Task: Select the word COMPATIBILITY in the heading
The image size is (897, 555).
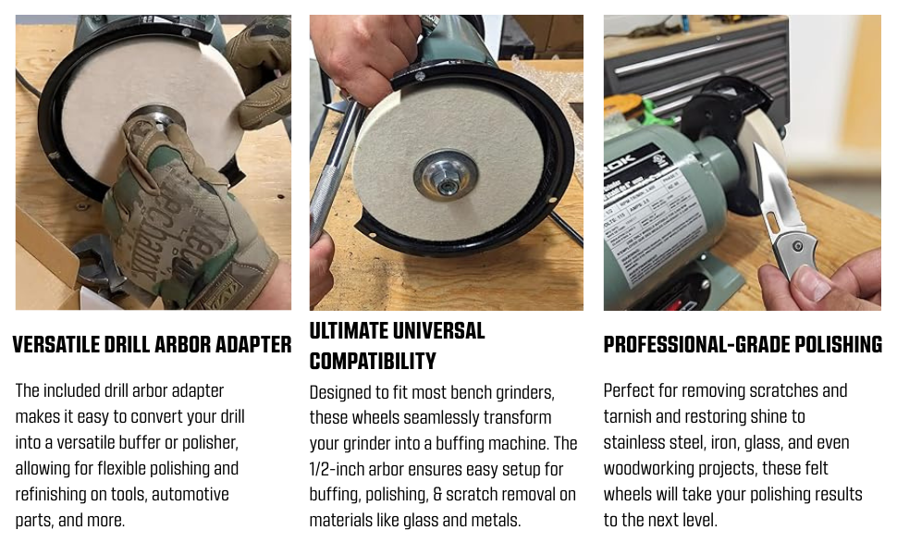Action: coord(373,361)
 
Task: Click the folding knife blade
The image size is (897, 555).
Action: coord(772,183)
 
